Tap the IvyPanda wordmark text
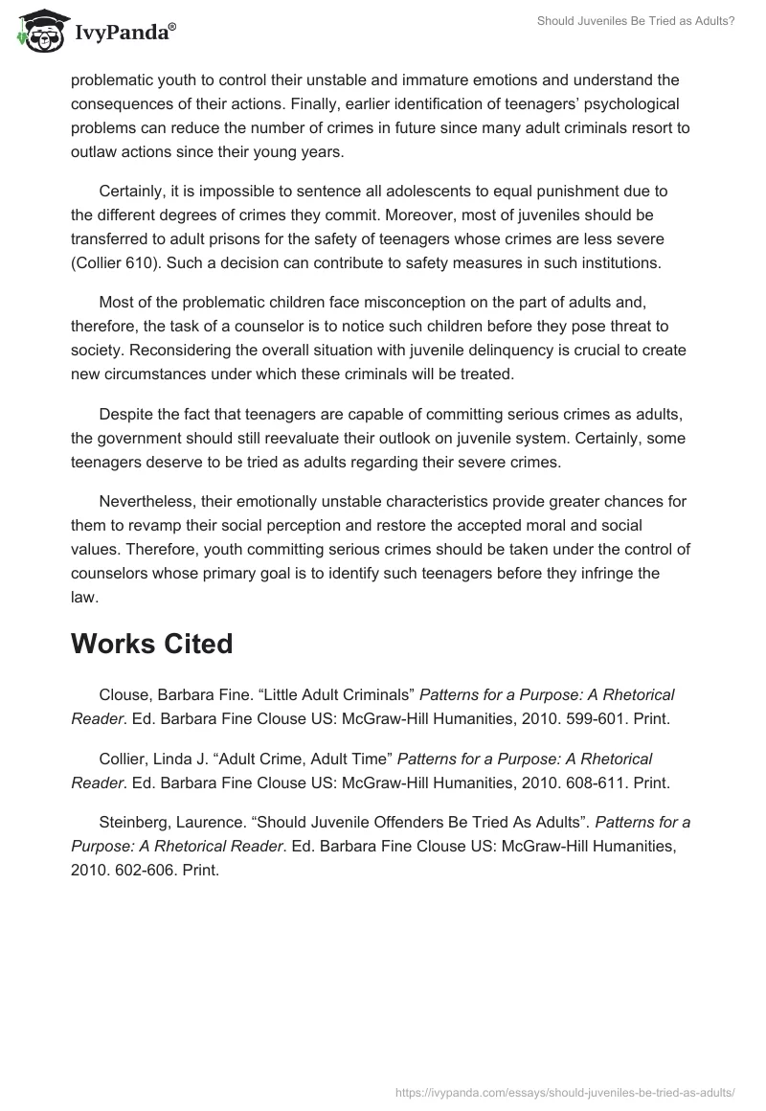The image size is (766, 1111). click(124, 34)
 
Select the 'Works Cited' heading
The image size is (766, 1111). click(151, 644)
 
